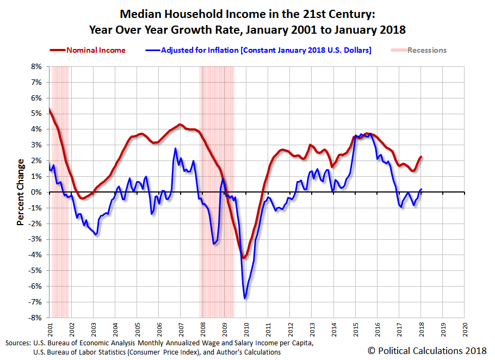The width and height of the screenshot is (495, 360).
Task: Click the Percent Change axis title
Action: tap(20, 192)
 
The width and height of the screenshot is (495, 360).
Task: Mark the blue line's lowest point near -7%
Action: tap(245, 298)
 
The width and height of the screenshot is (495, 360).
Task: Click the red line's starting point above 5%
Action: tap(49, 109)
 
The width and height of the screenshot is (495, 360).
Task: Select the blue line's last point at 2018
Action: tap(420, 189)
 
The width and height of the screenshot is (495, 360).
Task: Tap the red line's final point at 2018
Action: tap(420, 157)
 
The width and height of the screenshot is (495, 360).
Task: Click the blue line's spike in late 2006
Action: tap(175, 148)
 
